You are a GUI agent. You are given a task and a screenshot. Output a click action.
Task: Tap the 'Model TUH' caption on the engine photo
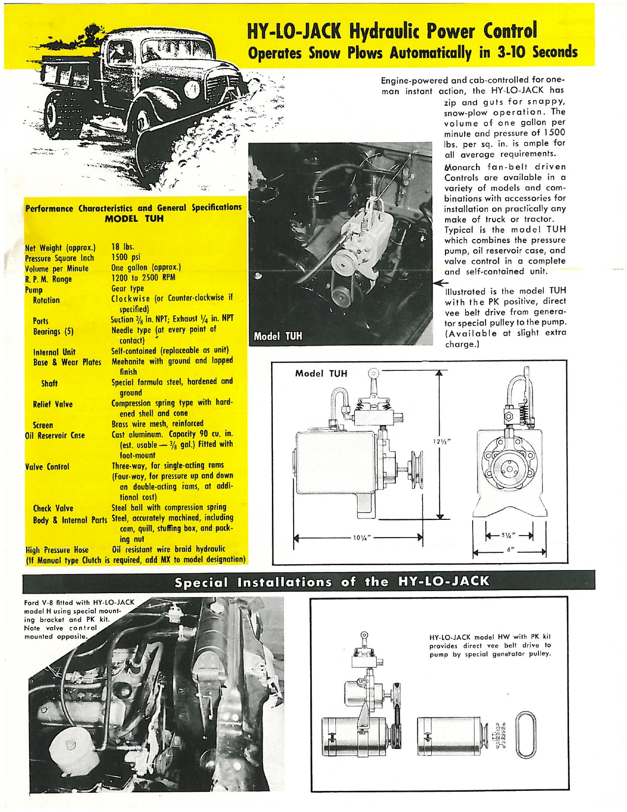(x=277, y=337)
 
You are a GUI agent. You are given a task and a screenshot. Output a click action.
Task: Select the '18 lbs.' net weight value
(x=123, y=247)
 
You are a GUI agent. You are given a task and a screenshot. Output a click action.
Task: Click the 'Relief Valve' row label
(x=53, y=404)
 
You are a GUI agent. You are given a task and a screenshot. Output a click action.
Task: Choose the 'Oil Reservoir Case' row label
(x=55, y=435)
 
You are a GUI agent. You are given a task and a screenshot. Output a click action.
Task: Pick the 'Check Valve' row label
(x=53, y=508)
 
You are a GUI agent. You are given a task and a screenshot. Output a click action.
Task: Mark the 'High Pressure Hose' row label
(x=57, y=549)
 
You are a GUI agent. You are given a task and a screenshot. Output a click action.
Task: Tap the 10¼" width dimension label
(x=358, y=538)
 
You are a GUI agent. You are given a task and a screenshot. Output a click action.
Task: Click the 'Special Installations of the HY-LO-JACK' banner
(x=332, y=582)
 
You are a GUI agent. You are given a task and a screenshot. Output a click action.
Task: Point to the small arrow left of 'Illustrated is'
(x=439, y=282)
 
